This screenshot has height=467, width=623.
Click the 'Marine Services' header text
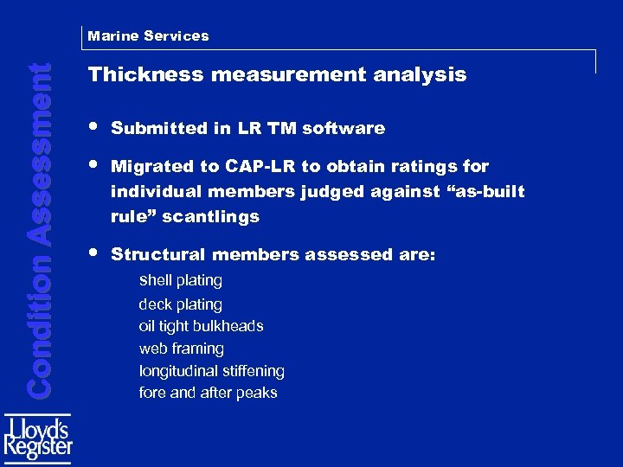pyautogui.click(x=148, y=36)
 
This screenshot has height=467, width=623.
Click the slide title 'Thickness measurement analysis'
pyautogui.click(x=277, y=75)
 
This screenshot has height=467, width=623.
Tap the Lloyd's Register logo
pyautogui.click(x=38, y=440)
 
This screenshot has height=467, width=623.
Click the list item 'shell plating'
pyautogui.click(x=181, y=280)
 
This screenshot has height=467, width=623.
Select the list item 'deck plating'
pyautogui.click(x=181, y=304)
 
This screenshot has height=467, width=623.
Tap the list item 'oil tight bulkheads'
pyautogui.click(x=201, y=326)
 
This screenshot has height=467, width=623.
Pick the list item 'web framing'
pyautogui.click(x=181, y=349)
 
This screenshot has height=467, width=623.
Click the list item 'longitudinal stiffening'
pyautogui.click(x=211, y=371)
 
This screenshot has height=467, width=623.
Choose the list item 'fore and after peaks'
pyautogui.click(x=208, y=393)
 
